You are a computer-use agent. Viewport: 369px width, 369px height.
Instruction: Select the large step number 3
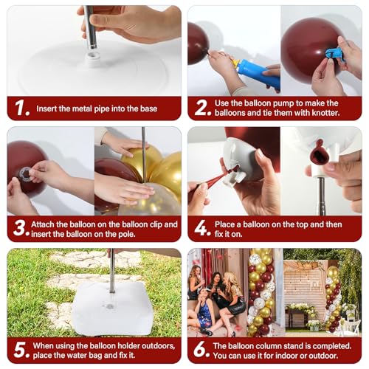point(19,228)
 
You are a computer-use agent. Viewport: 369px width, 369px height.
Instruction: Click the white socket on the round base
point(93,59)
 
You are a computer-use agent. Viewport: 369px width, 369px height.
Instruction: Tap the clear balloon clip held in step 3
point(26,173)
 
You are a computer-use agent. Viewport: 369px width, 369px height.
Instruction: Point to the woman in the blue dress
point(202,311)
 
